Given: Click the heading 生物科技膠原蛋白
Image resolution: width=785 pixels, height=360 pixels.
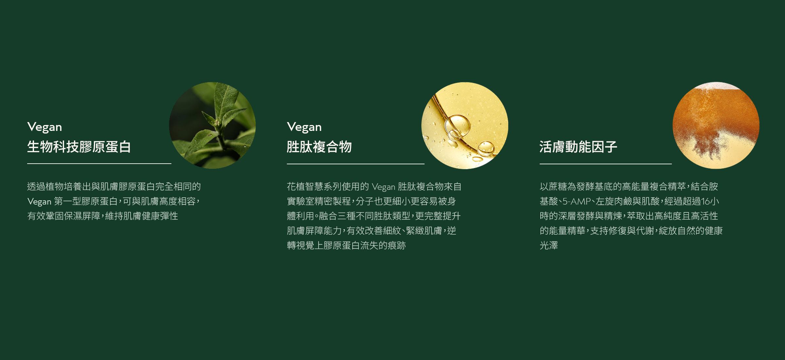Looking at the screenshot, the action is tap(79, 147).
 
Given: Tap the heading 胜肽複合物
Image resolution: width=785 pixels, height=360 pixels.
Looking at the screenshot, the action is tap(319, 147).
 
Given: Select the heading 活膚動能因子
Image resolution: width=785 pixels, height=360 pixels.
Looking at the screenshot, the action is tap(578, 147).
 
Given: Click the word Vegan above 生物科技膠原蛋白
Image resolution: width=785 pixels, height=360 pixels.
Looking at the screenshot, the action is tap(44, 127).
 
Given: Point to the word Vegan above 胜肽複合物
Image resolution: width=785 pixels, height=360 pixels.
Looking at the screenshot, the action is tap(304, 127).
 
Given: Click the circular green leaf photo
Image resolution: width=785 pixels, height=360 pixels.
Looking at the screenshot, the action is tap(212, 125).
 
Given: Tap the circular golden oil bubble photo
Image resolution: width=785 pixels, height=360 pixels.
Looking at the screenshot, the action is tap(465, 125).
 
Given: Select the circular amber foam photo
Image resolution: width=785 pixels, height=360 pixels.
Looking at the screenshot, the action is tap(716, 125).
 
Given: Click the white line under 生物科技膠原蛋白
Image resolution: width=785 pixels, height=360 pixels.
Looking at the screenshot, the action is tap(99, 164).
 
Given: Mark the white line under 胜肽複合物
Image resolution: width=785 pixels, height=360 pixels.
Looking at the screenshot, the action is tap(356, 164).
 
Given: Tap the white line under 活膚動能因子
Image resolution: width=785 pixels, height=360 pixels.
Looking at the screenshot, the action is tap(606, 164).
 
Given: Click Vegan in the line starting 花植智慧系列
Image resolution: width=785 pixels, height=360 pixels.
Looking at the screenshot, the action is tap(384, 187).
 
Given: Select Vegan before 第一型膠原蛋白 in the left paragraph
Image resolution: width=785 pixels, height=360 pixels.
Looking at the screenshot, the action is tap(39, 202).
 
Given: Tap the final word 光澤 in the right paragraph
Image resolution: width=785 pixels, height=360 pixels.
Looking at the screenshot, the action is tap(549, 245).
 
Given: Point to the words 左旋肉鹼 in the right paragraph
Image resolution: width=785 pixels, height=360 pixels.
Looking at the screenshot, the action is tap(614, 201).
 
